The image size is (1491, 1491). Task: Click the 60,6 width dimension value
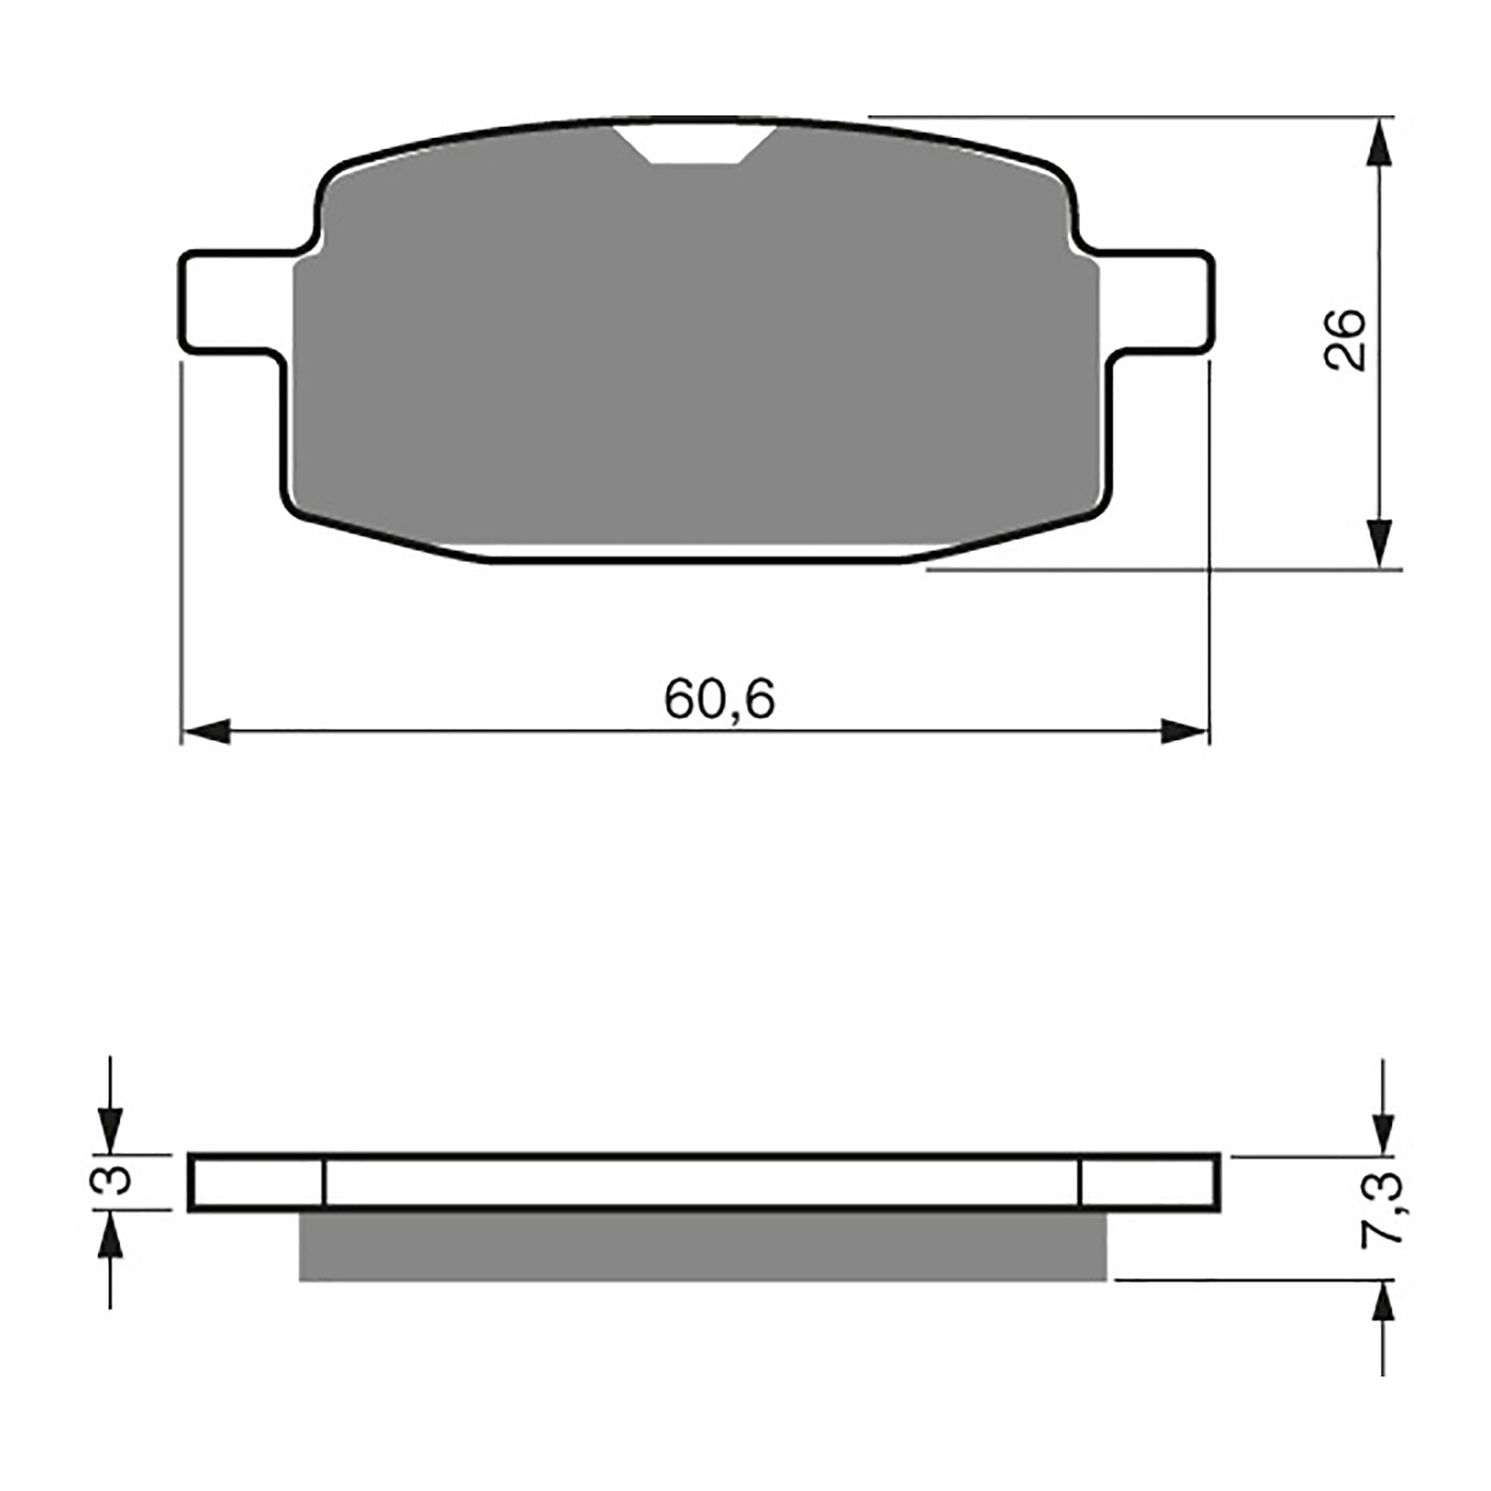(718, 699)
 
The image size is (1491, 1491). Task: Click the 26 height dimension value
(1346, 340)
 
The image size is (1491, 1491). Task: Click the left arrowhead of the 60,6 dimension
(205, 732)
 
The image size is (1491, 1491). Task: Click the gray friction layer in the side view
(703, 1246)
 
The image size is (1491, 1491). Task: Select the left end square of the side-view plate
(257, 1183)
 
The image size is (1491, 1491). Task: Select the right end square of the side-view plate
(1148, 1183)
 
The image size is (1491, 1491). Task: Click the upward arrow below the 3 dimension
(110, 1236)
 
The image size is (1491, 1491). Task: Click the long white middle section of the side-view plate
(701, 1183)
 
